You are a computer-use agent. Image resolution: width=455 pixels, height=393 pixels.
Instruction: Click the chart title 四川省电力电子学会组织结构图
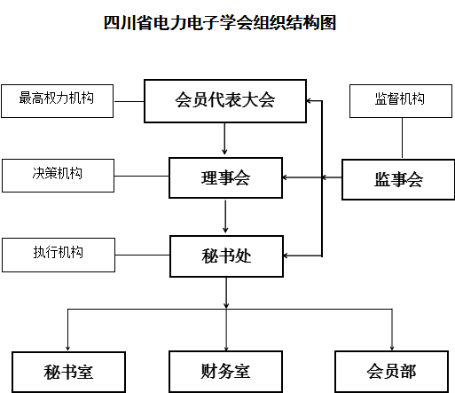click(220, 23)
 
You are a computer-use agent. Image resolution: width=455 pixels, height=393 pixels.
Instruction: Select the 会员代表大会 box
click(225, 101)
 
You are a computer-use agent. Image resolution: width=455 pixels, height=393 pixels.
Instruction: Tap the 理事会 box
click(225, 177)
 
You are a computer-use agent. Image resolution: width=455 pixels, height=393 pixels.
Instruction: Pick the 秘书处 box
click(226, 256)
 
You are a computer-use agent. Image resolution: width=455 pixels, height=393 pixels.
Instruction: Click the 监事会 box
click(398, 179)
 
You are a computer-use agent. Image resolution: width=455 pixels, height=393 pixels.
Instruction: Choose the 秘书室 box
click(68, 372)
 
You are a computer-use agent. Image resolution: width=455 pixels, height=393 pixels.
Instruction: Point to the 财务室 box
click(225, 372)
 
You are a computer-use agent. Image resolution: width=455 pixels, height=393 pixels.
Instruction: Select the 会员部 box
click(391, 372)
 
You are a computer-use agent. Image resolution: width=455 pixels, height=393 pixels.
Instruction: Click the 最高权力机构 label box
click(57, 101)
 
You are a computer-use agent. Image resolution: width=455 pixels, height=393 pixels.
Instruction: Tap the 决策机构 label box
click(58, 176)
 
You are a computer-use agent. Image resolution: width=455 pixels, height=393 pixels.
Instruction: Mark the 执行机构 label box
click(59, 255)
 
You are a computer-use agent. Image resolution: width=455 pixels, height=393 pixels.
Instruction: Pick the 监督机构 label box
click(401, 101)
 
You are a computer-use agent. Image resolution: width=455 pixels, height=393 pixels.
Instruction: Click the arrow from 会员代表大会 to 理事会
click(224, 138)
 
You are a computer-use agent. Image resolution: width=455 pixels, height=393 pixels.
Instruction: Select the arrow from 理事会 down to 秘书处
click(225, 216)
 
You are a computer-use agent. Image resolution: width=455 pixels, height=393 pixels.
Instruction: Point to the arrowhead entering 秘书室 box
click(67, 348)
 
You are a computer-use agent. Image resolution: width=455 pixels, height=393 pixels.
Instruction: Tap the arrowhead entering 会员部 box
click(392, 348)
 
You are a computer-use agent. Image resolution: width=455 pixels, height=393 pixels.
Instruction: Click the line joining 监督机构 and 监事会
click(402, 138)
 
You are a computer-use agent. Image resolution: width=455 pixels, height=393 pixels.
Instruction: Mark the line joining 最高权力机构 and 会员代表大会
click(129, 101)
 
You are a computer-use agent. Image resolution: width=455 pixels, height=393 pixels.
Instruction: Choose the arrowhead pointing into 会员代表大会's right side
click(309, 101)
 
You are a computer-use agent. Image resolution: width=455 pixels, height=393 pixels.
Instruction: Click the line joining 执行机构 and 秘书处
click(143, 255)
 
